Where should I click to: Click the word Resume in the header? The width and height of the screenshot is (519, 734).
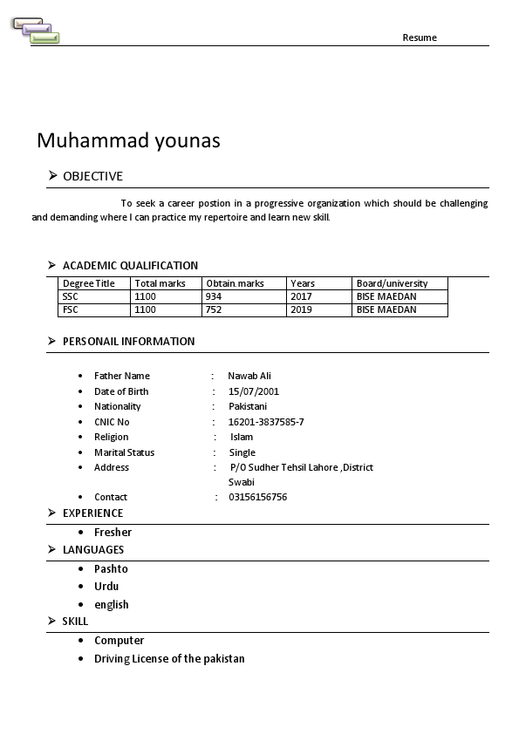point(420,37)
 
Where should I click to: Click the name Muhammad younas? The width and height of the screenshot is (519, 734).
point(128,140)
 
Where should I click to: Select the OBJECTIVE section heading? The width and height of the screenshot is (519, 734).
point(92,176)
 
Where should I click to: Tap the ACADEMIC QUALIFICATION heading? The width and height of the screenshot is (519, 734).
point(130,266)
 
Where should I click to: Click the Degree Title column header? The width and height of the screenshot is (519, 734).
point(89,283)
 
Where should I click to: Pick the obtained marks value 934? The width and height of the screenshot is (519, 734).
point(214,296)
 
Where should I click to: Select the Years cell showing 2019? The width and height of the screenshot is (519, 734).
point(301,309)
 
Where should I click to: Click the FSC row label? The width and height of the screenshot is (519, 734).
point(71,309)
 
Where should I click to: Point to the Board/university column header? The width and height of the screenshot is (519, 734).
point(392,283)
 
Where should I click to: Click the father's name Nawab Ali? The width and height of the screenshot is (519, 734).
point(249,376)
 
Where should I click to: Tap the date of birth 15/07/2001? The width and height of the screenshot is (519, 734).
point(254,391)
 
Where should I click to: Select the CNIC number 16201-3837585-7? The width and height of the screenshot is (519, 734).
point(266,422)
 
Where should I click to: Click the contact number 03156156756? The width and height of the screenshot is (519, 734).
point(257,497)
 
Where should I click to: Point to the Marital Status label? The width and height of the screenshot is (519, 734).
point(124,452)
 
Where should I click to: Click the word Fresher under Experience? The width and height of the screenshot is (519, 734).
point(113,532)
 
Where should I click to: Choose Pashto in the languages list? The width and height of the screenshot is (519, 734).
point(111,568)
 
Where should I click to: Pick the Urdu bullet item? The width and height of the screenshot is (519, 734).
point(106,587)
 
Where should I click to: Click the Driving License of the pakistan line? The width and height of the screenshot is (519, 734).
point(169,659)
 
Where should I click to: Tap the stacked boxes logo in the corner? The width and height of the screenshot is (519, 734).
point(36,31)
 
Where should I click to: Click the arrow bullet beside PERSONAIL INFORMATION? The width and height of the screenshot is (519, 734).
point(52,341)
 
